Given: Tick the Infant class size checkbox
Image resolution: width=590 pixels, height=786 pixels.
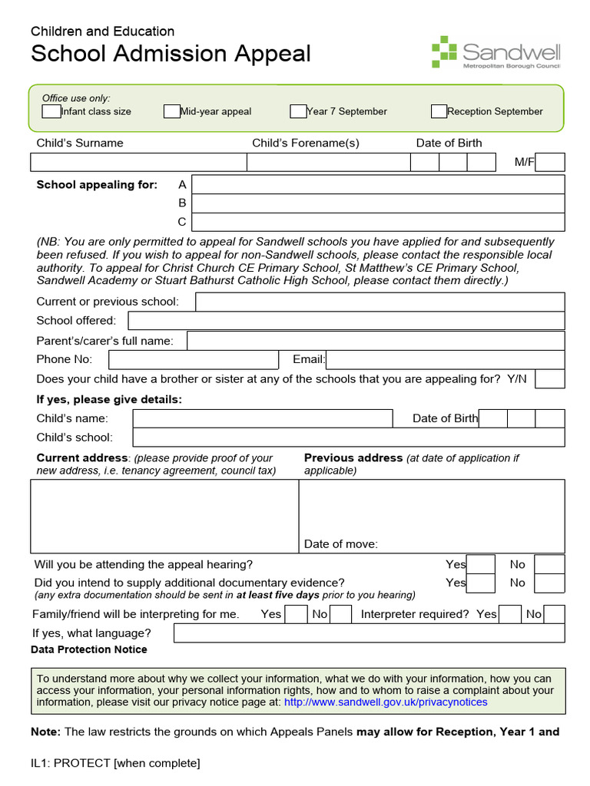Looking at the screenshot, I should click(x=51, y=111).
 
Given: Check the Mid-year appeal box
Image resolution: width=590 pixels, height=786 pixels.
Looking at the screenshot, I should click(x=171, y=111).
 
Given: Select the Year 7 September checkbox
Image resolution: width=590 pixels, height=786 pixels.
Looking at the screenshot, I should click(x=298, y=111).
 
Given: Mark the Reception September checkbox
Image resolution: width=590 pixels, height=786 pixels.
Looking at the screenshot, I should click(x=439, y=111).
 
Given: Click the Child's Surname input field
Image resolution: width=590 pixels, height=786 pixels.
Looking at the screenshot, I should click(x=138, y=162).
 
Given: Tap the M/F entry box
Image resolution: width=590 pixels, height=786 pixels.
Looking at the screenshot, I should click(x=550, y=162).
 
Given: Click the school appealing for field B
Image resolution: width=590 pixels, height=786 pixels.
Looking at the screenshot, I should click(x=378, y=203).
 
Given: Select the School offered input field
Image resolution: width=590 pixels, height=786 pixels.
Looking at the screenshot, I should click(x=346, y=321).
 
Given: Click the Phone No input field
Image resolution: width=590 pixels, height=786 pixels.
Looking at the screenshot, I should click(x=193, y=360).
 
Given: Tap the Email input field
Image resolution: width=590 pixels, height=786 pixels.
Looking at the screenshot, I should click(x=446, y=360).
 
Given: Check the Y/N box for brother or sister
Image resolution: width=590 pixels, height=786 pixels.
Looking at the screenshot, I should click(x=550, y=379).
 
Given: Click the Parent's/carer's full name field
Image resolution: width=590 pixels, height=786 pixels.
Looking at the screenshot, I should click(x=376, y=341).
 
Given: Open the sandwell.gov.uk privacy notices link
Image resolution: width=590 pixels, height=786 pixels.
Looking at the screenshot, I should click(x=386, y=702).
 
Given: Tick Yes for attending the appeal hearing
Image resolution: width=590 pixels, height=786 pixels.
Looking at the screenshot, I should click(x=481, y=564).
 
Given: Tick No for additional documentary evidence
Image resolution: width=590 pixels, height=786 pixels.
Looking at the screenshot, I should click(x=549, y=583).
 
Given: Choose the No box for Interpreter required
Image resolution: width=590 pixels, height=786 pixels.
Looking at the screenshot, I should click(x=555, y=614).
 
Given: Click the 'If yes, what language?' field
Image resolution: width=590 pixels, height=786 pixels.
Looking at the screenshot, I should click(x=369, y=633).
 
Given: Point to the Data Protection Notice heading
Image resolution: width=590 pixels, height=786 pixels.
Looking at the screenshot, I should click(x=89, y=649).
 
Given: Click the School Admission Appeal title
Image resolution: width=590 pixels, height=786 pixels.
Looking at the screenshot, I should click(x=171, y=54).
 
